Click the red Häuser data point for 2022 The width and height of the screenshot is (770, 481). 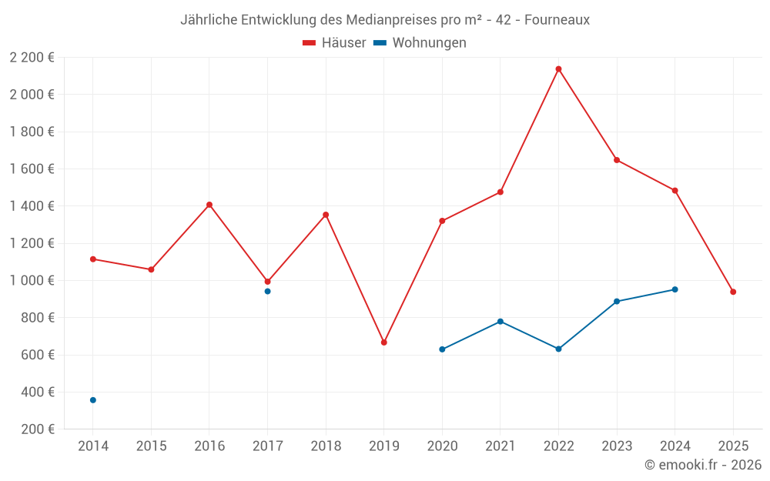click(x=558, y=69)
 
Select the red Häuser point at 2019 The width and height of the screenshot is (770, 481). click(x=383, y=342)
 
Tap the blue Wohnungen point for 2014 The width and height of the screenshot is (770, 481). click(x=93, y=400)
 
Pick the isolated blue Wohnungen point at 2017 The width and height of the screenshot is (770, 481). click(x=267, y=291)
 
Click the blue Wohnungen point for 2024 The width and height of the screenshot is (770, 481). click(x=675, y=289)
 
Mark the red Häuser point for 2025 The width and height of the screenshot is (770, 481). click(x=733, y=292)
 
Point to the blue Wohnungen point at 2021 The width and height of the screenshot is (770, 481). click(x=500, y=321)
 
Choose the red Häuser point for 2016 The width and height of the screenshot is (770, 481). click(x=209, y=205)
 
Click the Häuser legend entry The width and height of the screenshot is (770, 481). click(x=334, y=43)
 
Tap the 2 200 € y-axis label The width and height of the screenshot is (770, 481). click(x=32, y=58)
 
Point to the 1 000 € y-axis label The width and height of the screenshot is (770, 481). click(x=32, y=281)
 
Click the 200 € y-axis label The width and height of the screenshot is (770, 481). click(x=37, y=429)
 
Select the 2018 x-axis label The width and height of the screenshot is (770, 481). click(x=326, y=446)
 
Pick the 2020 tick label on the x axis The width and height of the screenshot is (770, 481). click(x=442, y=446)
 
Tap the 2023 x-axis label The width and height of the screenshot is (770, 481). click(x=617, y=446)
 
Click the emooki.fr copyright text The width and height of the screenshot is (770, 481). click(x=702, y=465)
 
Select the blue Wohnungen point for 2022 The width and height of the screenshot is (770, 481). click(x=558, y=349)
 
